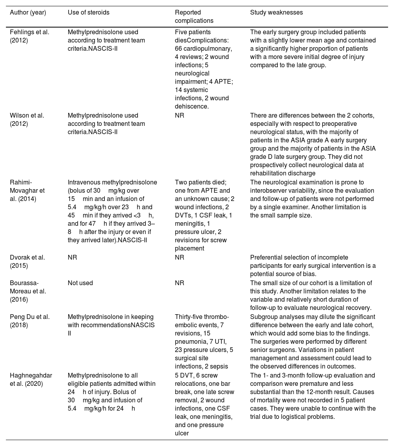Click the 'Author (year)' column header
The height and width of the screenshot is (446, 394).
[x=28, y=13]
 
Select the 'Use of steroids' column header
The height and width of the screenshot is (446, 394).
[x=89, y=13]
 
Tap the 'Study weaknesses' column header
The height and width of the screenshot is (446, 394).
[x=277, y=13]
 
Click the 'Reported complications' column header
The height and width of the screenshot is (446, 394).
[x=194, y=17]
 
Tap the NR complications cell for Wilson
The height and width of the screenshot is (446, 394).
[x=180, y=116]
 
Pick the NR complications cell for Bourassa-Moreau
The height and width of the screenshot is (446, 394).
[x=180, y=283]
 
